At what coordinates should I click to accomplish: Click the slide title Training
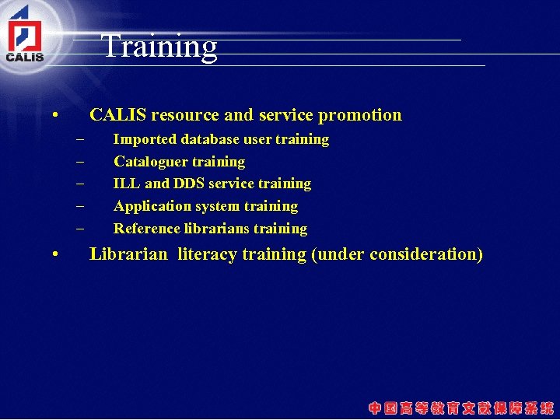[x=159, y=46]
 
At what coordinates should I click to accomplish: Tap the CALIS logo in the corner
[x=25, y=36]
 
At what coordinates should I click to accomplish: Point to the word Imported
[x=145, y=140]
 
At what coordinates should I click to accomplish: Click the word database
[x=210, y=140]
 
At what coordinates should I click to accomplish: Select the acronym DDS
[x=190, y=184]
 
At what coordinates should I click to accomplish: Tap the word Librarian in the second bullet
[x=128, y=254]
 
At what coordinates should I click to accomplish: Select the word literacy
[x=207, y=254]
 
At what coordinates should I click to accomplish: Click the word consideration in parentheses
[x=422, y=254]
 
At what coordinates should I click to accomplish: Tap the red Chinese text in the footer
[x=461, y=408]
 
